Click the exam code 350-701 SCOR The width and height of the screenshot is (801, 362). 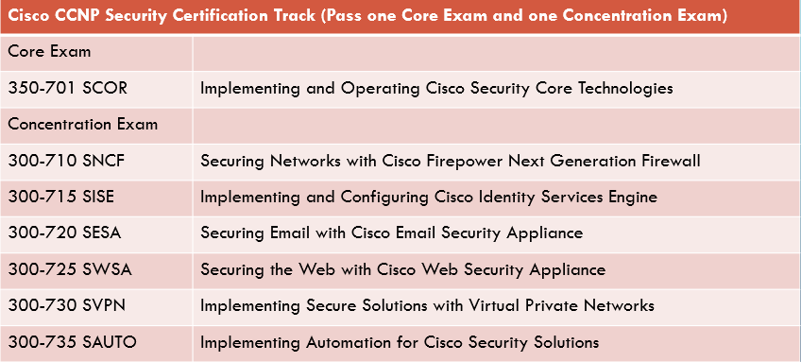pos(67,89)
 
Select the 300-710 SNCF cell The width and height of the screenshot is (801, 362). pos(66,161)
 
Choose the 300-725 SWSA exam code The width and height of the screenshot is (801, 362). pos(69,269)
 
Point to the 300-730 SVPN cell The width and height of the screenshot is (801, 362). pos(67,305)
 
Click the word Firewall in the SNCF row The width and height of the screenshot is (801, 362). pos(671,161)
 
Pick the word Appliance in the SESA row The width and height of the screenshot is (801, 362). pos(549,233)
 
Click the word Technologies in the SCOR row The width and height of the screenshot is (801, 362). pos(626,89)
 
